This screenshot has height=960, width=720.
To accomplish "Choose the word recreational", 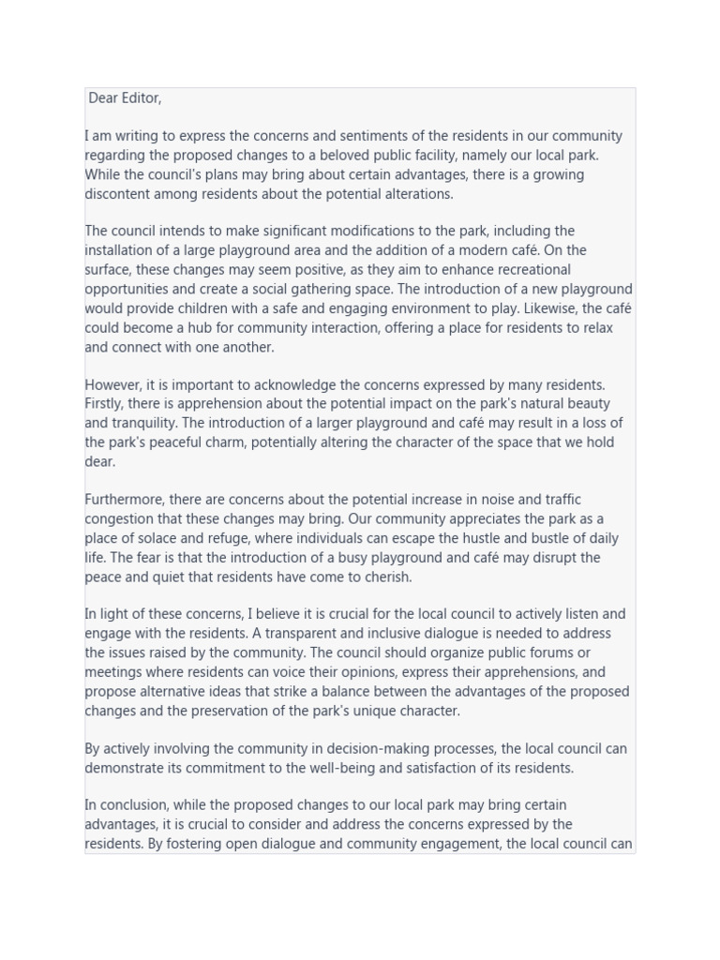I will pos(526,270).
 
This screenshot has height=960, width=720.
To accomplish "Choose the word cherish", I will pos(384,577).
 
